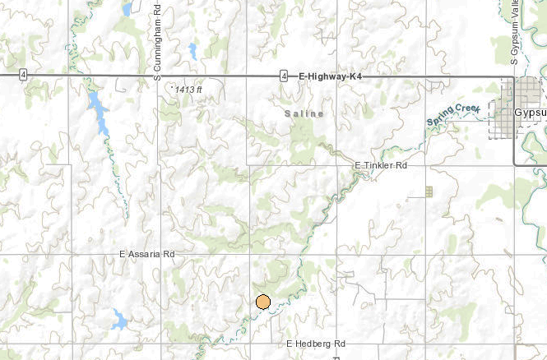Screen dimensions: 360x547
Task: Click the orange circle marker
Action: [263, 302]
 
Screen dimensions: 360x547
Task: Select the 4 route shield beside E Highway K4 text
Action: [283, 76]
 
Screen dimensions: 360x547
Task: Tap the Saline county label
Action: [304, 113]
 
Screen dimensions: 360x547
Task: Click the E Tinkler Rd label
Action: [381, 166]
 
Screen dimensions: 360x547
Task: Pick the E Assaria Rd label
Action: [147, 256]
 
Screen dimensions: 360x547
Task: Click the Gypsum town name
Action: [530, 111]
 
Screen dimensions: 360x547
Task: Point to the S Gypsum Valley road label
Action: [513, 33]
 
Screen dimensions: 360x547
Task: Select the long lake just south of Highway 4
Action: [99, 111]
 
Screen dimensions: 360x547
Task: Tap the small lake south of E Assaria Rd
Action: [119, 319]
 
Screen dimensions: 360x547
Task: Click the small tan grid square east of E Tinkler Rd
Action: [428, 192]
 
